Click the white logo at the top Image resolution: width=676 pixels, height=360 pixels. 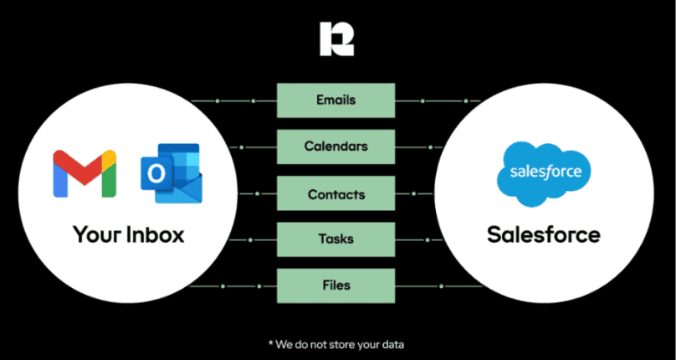(x=336, y=39)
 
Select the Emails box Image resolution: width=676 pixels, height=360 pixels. (x=335, y=100)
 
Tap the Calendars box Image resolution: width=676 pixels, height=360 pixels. (x=335, y=147)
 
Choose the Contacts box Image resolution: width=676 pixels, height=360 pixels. (x=335, y=193)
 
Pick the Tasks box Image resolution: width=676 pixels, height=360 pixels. (x=335, y=239)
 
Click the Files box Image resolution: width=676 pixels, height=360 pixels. (x=335, y=285)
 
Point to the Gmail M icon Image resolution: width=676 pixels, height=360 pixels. (x=84, y=173)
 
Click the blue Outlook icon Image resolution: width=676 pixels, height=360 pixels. (x=172, y=173)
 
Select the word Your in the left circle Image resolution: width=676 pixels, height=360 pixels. (x=97, y=234)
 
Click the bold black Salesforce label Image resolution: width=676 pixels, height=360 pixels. (x=544, y=234)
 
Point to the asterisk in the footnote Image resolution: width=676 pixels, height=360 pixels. (x=271, y=343)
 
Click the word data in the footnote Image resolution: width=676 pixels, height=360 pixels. (x=394, y=344)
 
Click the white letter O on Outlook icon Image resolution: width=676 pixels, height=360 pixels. (x=156, y=174)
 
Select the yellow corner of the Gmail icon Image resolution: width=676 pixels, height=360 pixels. (x=110, y=157)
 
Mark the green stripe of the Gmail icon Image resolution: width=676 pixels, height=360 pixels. (x=110, y=179)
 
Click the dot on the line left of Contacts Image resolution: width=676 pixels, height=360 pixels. (x=258, y=193)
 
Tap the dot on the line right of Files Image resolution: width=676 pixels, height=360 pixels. (x=441, y=285)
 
